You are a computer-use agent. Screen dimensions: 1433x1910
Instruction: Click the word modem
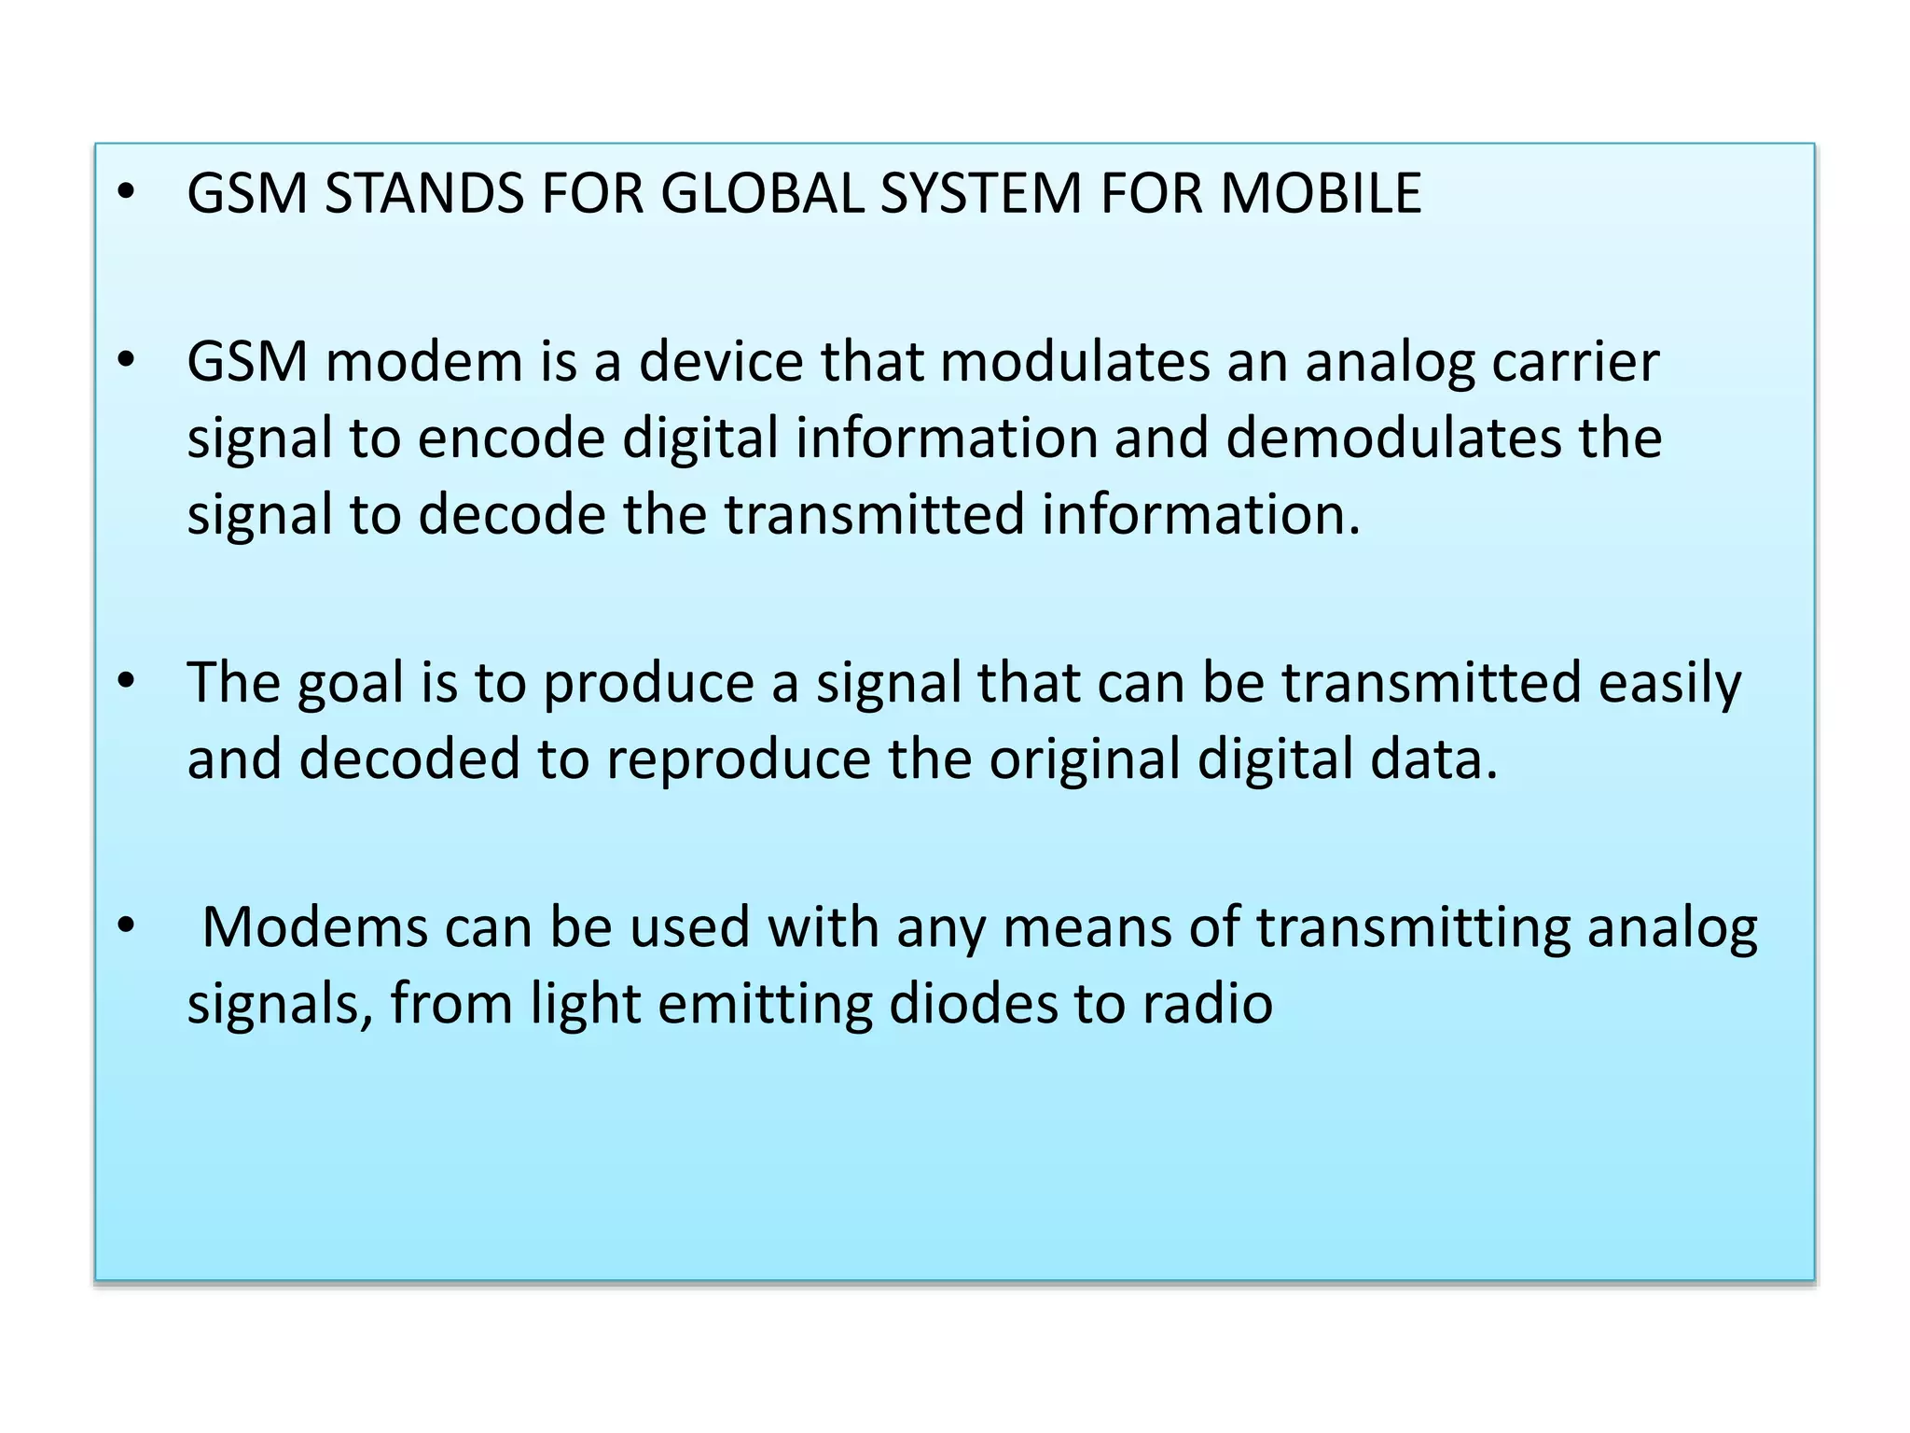pyautogui.click(x=423, y=362)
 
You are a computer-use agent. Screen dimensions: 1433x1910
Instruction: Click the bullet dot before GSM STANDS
pyautogui.click(x=126, y=193)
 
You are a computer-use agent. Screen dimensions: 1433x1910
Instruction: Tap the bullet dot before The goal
pyautogui.click(x=126, y=680)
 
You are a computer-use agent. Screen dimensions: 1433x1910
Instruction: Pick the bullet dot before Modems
pyautogui.click(x=126, y=926)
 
